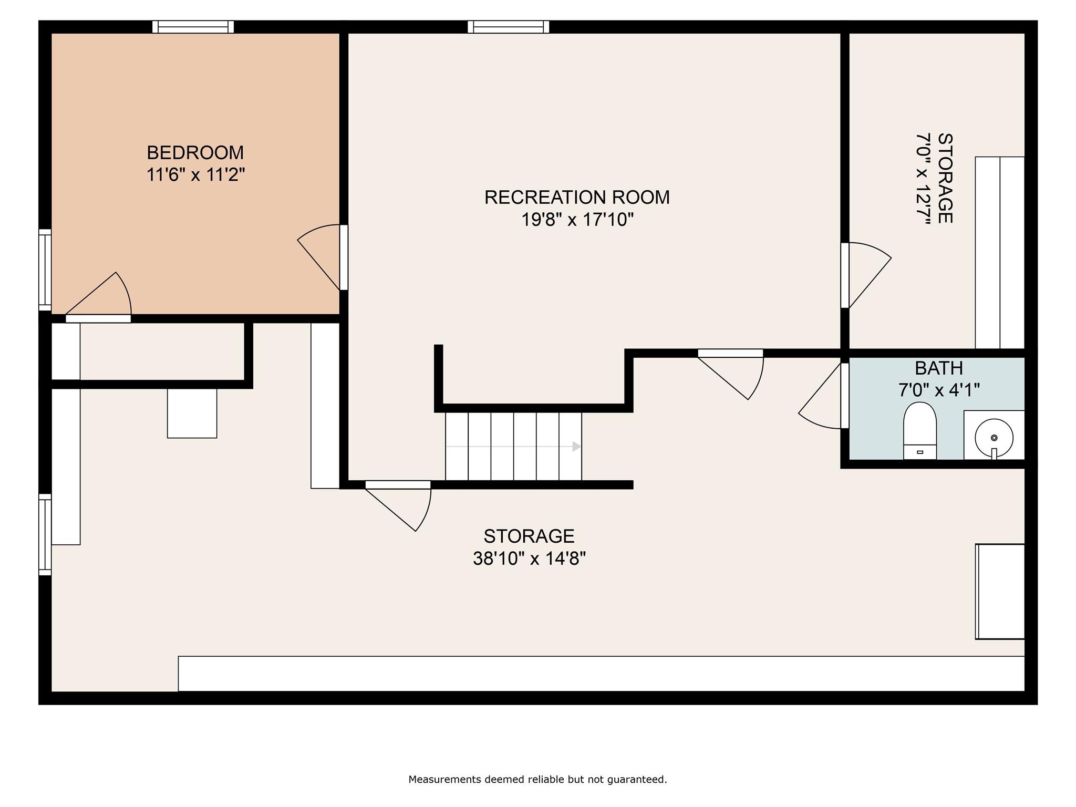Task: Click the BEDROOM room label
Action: [195, 152]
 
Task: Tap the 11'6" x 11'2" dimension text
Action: [195, 174]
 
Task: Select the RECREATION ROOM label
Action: [577, 197]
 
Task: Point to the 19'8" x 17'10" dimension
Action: [577, 219]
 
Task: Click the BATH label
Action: [939, 368]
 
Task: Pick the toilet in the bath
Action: [920, 431]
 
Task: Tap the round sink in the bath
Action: [994, 437]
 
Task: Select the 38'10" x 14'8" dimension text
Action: [529, 558]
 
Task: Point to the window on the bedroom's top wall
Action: [193, 27]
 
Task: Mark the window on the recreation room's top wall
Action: [509, 27]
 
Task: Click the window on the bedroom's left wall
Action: [45, 270]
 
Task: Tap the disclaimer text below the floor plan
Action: [537, 780]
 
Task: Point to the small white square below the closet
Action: [192, 413]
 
